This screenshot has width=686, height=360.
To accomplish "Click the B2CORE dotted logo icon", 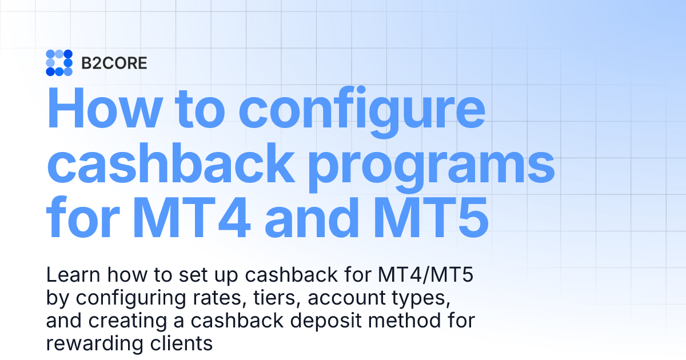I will [x=59, y=63].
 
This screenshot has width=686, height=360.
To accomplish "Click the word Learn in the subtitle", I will [x=66, y=276].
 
